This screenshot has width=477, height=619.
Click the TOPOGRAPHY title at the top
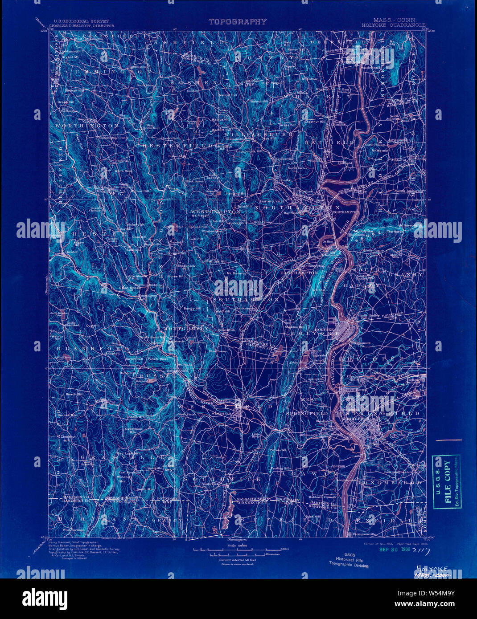tap(237, 21)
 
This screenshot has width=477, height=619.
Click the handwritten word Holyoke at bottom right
tap(432, 569)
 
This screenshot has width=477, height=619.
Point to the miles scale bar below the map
tap(237, 550)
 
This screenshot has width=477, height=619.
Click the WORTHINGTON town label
tap(86, 126)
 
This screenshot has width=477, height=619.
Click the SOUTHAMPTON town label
tap(246, 300)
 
